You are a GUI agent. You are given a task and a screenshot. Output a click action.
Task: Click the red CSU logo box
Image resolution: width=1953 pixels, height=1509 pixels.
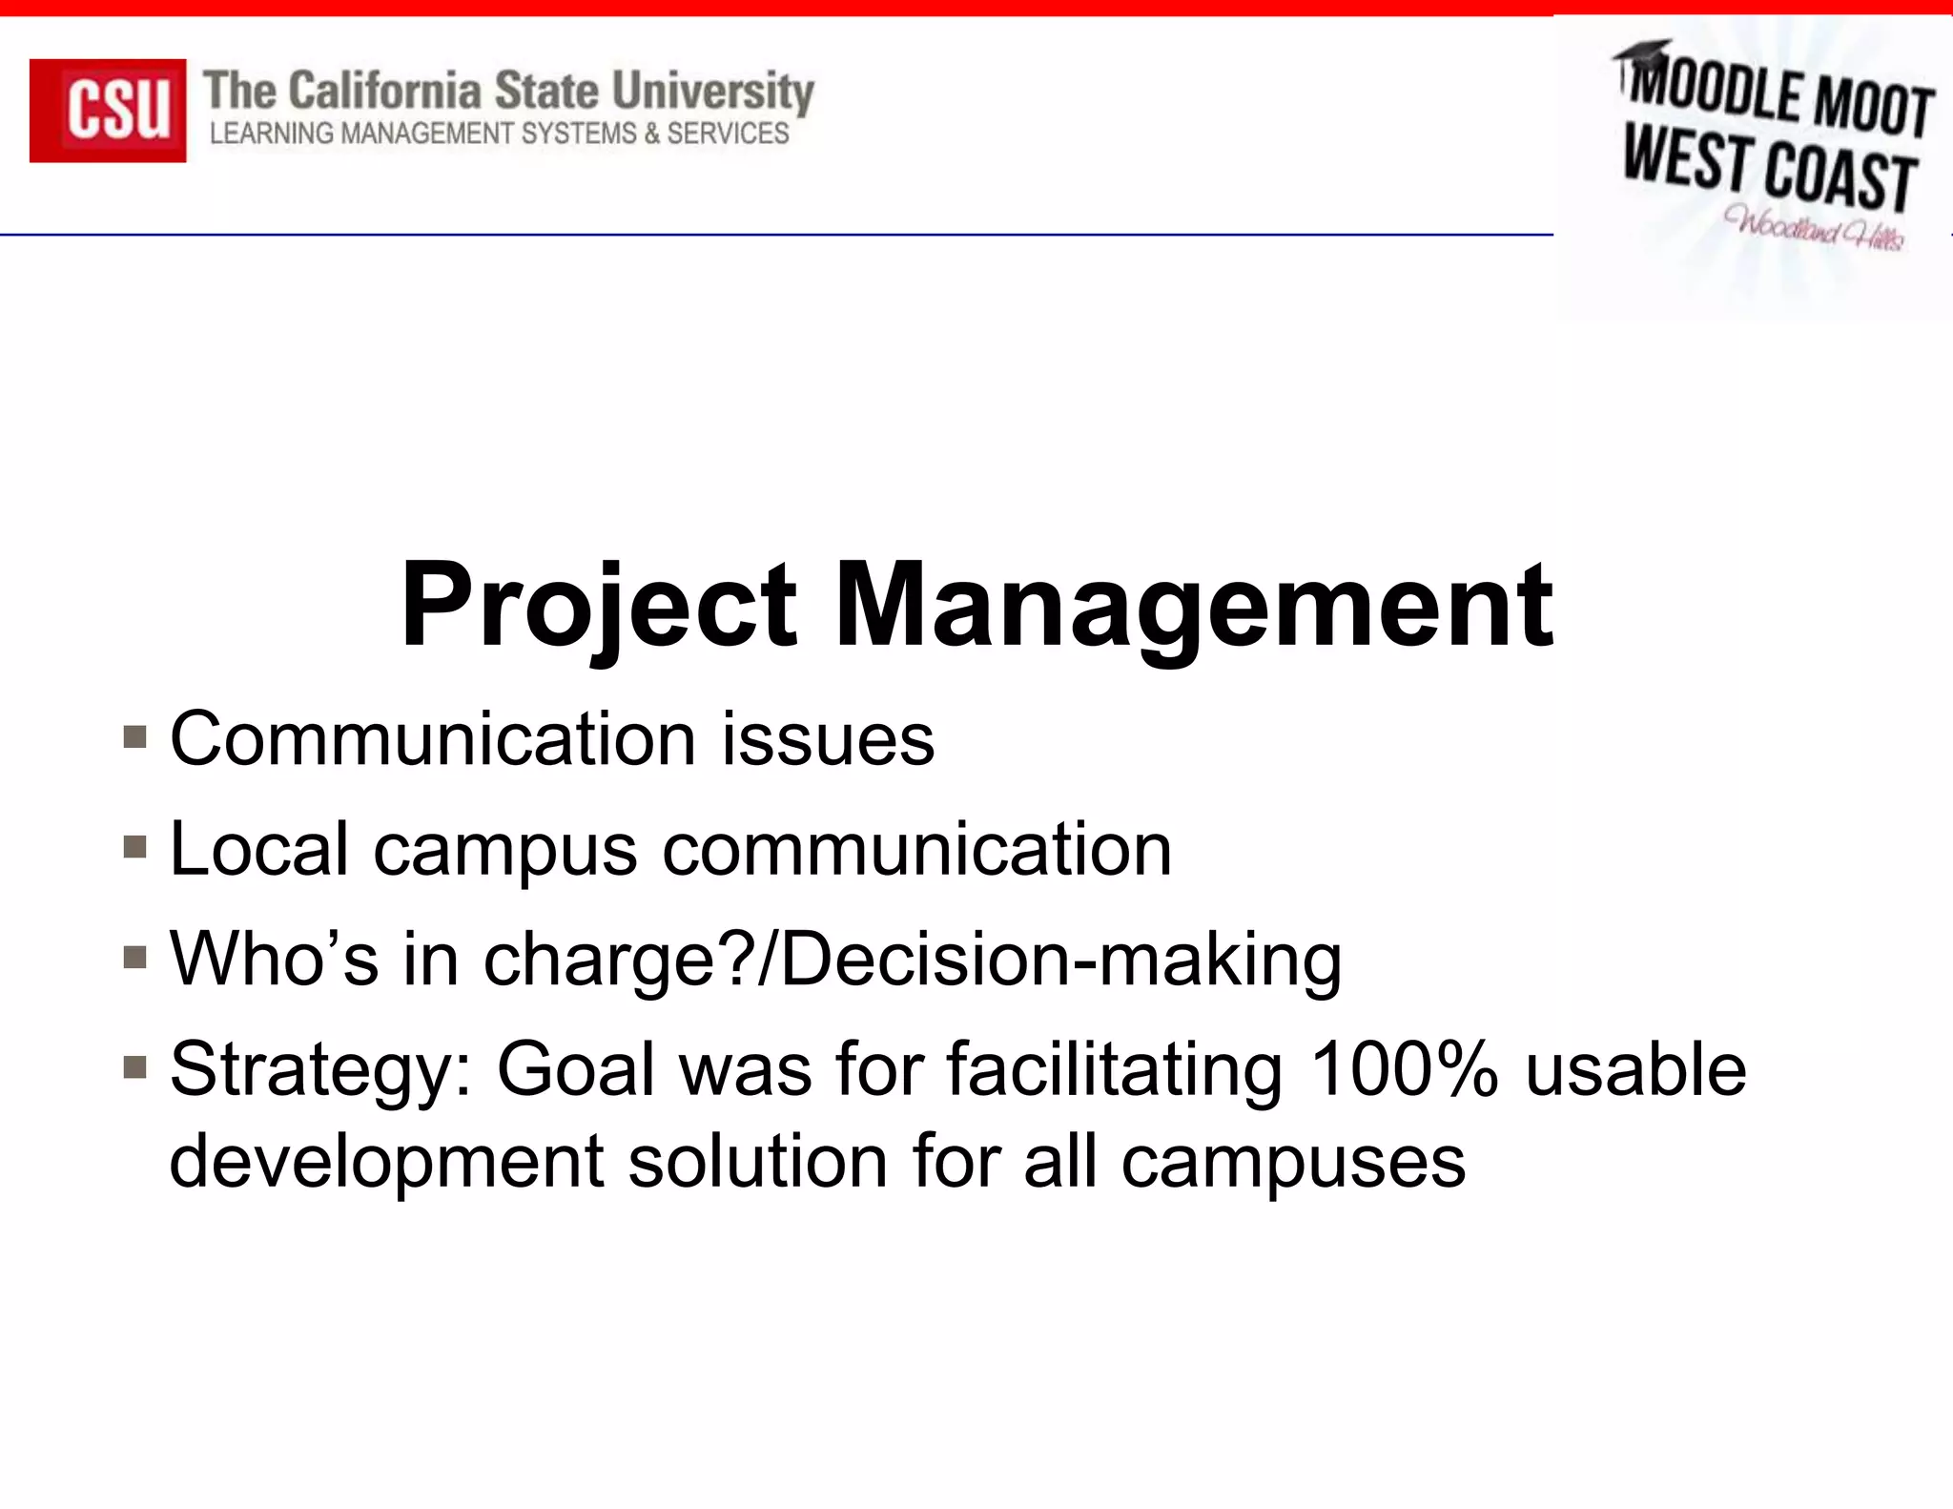pos(108,110)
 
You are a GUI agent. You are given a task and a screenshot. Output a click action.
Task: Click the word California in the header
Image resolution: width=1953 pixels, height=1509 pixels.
pos(384,92)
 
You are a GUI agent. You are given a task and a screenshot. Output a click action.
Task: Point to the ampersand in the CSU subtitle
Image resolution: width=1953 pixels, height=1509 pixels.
pos(651,134)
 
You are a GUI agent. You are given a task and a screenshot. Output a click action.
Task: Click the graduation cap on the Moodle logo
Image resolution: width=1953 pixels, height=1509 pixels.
pos(1643,55)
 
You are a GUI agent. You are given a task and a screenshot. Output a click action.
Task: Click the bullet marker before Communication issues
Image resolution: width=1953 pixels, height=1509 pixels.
pos(134,737)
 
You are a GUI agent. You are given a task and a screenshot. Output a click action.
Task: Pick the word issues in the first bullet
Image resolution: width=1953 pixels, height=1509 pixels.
pos(828,739)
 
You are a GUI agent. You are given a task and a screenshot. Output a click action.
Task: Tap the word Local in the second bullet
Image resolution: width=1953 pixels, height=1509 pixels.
pos(258,848)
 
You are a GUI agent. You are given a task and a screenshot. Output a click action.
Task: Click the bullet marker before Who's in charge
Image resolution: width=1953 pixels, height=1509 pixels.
pos(134,957)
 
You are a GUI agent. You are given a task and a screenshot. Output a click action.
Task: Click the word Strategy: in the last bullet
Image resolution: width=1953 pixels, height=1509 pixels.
pos(320,1070)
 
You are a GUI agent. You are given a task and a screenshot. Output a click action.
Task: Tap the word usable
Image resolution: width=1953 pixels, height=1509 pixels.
pos(1635,1068)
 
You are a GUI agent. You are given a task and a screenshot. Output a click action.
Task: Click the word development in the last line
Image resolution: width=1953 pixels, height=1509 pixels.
pos(386,1161)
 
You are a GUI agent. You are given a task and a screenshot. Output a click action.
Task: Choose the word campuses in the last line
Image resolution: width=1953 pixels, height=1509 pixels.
pos(1292,1163)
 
